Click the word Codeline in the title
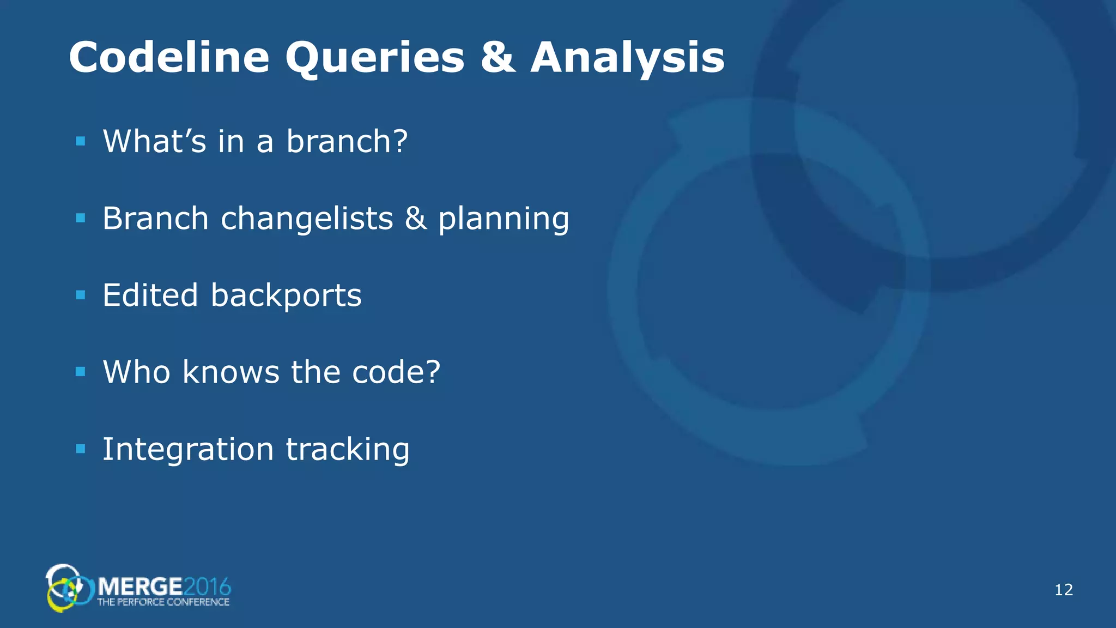[169, 57]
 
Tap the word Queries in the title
[375, 57]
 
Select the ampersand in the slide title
[498, 57]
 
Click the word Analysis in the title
[627, 57]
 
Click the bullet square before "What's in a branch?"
[81, 142]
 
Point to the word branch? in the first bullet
[347, 141]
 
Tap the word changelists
[307, 219]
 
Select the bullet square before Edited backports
[81, 295]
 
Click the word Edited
[150, 295]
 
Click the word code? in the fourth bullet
[396, 372]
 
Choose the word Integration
[188, 450]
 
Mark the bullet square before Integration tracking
[81, 449]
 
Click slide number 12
[1064, 590]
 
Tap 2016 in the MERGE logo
[207, 587]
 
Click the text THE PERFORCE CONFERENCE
[163, 602]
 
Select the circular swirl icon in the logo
[68, 588]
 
